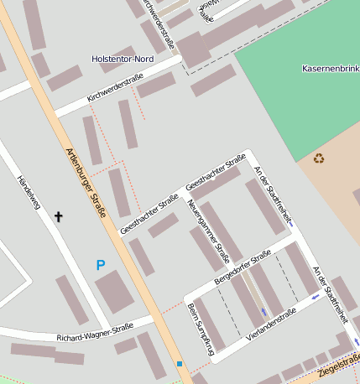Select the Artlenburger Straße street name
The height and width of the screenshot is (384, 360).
(x=86, y=183)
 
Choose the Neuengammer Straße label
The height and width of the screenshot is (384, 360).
(x=208, y=231)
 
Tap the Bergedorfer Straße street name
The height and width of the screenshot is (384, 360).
(x=243, y=266)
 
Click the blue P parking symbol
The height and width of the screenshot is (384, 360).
(x=101, y=265)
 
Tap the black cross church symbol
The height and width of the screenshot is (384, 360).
(x=59, y=217)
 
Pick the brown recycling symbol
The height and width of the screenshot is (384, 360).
(x=319, y=158)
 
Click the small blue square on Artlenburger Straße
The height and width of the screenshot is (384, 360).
(x=179, y=363)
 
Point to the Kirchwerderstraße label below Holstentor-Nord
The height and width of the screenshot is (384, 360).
(x=116, y=89)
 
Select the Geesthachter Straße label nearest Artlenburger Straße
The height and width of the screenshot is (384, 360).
(x=149, y=213)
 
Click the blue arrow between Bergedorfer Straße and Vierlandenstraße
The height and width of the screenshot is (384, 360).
(x=263, y=311)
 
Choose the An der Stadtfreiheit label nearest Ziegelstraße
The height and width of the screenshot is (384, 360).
(x=329, y=293)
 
